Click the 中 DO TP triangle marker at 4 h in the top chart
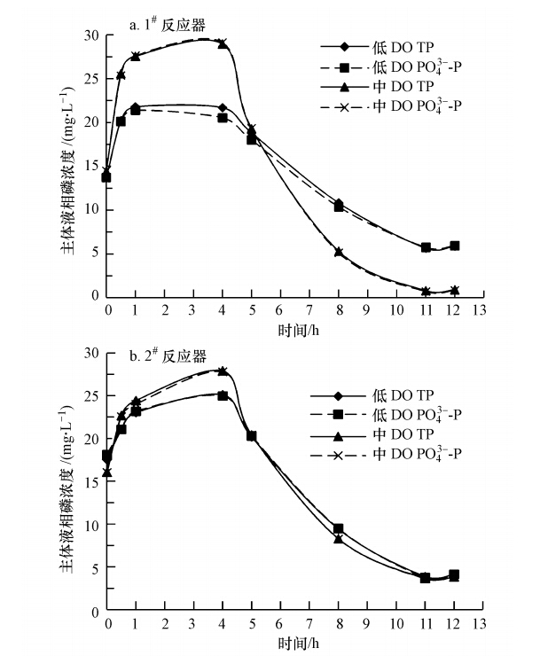(223, 43)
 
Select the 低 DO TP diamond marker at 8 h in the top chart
(338, 203)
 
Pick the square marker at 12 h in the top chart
(454, 246)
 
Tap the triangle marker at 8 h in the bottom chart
(338, 539)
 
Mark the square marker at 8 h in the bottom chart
(338, 529)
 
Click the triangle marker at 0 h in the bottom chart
(107, 472)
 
